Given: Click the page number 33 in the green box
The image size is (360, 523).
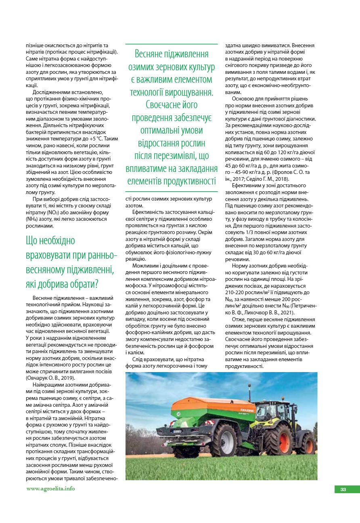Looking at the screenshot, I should [x=343, y=490].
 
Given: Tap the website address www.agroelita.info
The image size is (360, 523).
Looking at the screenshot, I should [x=50, y=489].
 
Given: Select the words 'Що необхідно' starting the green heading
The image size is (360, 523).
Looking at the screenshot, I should [x=50, y=241].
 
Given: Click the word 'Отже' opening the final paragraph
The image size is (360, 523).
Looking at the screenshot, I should [x=239, y=319].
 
